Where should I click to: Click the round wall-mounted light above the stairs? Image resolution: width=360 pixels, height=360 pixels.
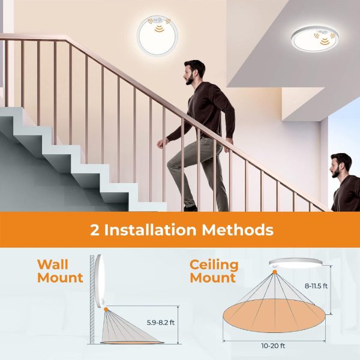158,35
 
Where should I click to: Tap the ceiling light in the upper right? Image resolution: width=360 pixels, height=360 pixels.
314,40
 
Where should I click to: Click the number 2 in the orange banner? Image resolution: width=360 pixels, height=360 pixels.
94,230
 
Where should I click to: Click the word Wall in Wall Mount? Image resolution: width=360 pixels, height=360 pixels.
53,264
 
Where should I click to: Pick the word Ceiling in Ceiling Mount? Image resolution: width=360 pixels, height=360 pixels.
214,264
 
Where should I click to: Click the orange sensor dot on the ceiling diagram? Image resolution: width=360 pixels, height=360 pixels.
275,273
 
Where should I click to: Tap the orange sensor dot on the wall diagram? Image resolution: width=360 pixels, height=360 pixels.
106,310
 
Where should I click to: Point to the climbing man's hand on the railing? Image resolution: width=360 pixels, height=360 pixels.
161,143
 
